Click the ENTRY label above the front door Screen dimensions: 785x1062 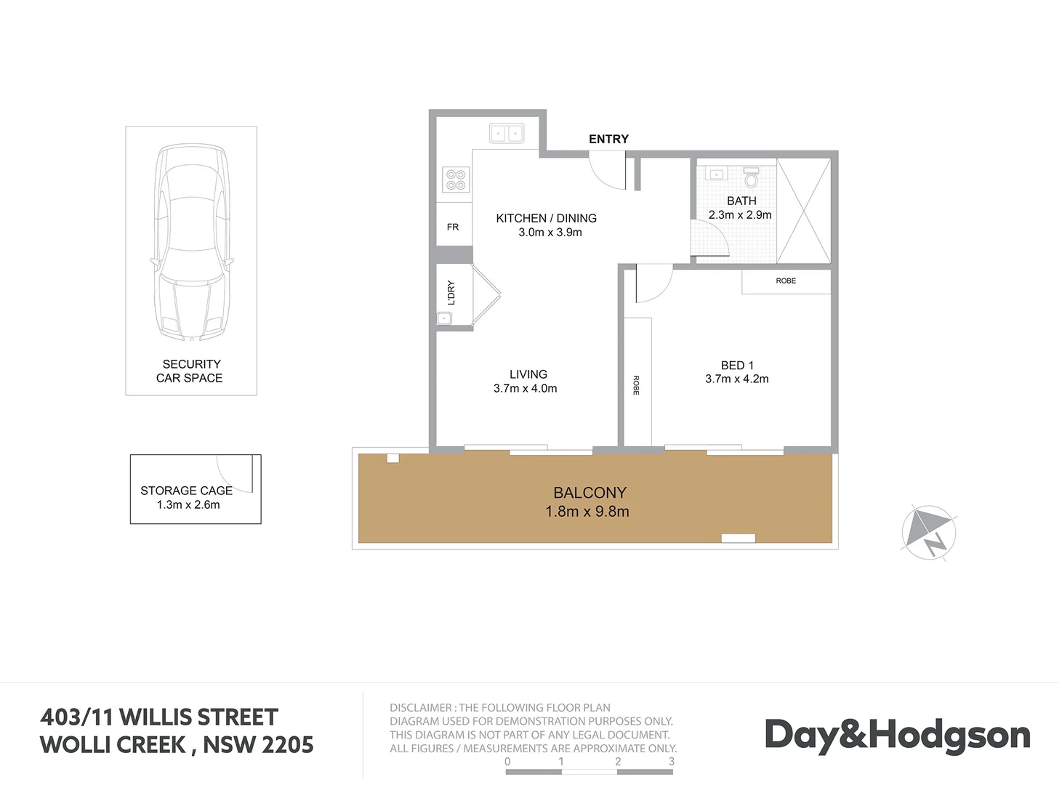pyautogui.click(x=608, y=139)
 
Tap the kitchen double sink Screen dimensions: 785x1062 pyautogui.click(x=507, y=133)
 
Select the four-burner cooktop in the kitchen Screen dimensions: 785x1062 pyautogui.click(x=456, y=180)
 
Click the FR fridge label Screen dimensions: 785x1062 pyautogui.click(x=453, y=227)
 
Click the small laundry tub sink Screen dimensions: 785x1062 pyautogui.click(x=444, y=318)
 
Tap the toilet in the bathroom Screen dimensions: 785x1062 pyautogui.click(x=752, y=177)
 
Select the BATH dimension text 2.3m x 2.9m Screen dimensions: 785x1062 pyautogui.click(x=740, y=215)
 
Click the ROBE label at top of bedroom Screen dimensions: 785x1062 pyautogui.click(x=786, y=281)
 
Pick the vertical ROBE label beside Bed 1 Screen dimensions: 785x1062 pyautogui.click(x=636, y=385)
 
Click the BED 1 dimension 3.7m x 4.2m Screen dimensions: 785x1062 pyautogui.click(x=736, y=379)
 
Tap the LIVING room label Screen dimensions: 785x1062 pyautogui.click(x=528, y=374)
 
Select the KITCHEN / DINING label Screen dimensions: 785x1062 pyautogui.click(x=546, y=218)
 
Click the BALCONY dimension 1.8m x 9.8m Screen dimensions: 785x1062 pyautogui.click(x=587, y=512)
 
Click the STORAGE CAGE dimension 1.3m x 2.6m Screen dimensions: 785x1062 pyautogui.click(x=188, y=504)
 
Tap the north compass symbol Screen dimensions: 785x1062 pyautogui.click(x=929, y=532)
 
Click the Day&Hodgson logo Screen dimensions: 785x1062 pyautogui.click(x=897, y=735)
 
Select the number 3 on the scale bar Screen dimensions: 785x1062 pyautogui.click(x=672, y=762)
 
